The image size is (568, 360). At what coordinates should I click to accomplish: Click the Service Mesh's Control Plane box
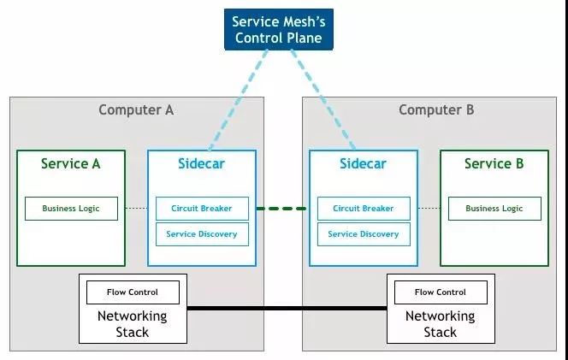click(x=280, y=29)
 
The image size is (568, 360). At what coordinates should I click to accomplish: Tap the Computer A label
click(x=137, y=109)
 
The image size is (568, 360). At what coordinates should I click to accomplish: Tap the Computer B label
click(x=436, y=109)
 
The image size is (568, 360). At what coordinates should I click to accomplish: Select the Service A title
click(x=71, y=163)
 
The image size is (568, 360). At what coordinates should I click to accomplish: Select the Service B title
click(x=494, y=163)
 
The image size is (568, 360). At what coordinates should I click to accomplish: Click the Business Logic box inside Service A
click(x=71, y=209)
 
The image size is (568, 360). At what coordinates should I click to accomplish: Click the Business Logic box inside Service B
click(x=494, y=209)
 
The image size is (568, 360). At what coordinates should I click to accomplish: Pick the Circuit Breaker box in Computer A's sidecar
click(x=202, y=209)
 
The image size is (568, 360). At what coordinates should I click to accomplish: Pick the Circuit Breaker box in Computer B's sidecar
click(x=364, y=209)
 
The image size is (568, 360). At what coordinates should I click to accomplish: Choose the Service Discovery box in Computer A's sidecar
click(x=202, y=233)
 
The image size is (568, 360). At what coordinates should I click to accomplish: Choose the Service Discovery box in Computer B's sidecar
click(x=364, y=233)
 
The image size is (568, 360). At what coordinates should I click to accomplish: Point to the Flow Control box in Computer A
click(x=133, y=292)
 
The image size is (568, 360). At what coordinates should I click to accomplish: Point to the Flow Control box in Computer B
click(x=441, y=292)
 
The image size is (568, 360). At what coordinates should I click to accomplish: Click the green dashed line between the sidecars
click(x=282, y=209)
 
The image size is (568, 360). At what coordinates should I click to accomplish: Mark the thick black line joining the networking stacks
click(x=287, y=307)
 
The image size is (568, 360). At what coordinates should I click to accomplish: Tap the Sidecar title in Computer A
click(x=202, y=163)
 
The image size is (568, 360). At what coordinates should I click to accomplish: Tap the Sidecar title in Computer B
click(x=364, y=163)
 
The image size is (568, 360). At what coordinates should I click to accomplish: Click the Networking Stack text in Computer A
click(x=133, y=324)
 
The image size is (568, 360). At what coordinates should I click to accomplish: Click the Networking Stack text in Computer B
click(x=440, y=324)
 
